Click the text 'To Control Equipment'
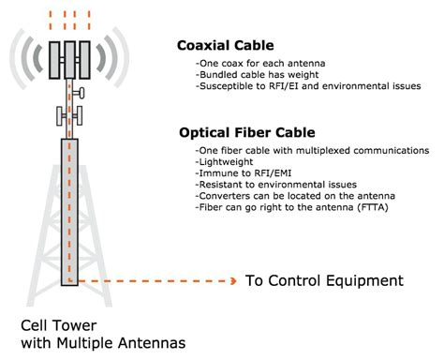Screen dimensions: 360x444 323,280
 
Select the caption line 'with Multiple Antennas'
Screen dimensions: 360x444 96,343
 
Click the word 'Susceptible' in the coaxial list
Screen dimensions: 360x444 224,85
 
